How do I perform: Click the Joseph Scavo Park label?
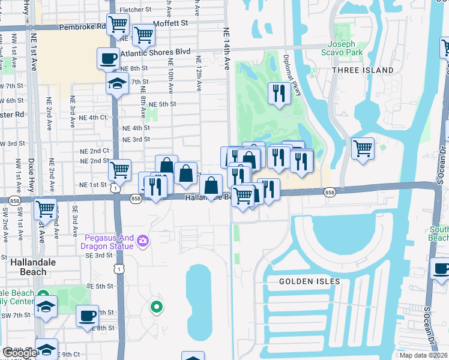coord(345,49)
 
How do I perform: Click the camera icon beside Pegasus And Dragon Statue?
coord(143,241)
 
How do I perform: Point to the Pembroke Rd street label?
coord(82,27)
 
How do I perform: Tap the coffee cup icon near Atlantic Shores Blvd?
coord(109,58)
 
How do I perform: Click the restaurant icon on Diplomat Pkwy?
coord(279,92)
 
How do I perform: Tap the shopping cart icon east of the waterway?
coord(363,148)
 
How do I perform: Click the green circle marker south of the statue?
coord(157,307)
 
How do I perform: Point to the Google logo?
coord(20,353)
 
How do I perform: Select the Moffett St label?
coord(170,22)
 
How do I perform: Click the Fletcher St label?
coord(135,10)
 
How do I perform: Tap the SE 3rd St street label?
coord(100,255)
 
